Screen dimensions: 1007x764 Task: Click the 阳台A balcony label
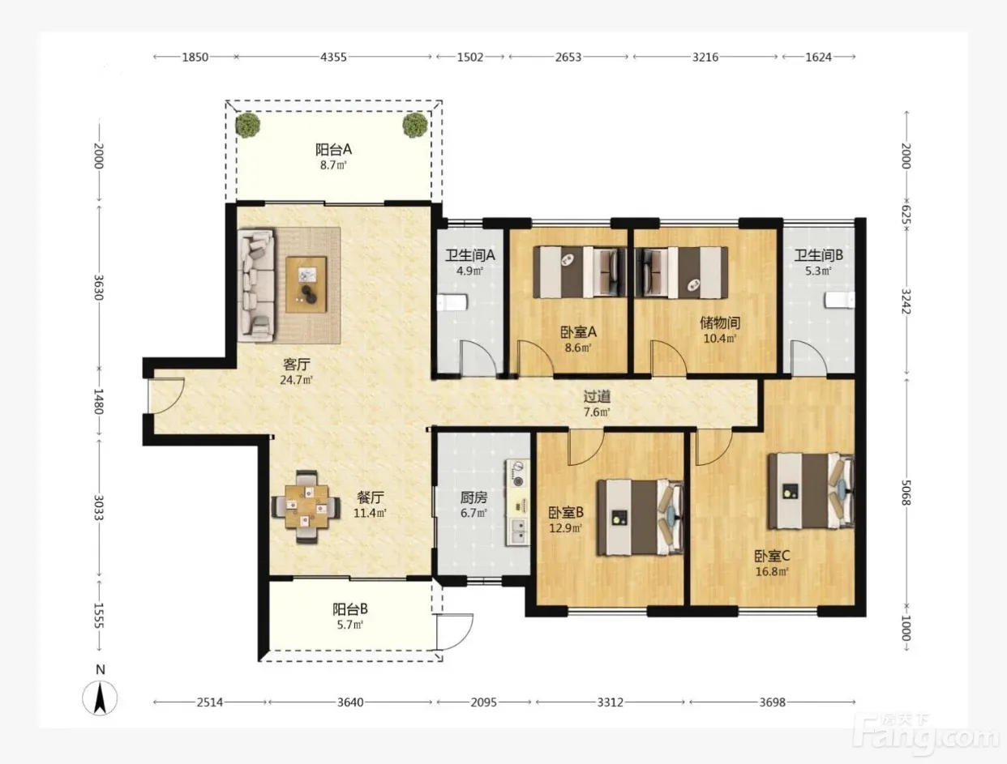point(333,149)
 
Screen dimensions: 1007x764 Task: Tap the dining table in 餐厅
point(306,507)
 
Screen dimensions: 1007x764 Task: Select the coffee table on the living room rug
point(306,284)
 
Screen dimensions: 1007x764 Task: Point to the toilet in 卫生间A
point(452,303)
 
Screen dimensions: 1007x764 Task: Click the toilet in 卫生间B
point(839,301)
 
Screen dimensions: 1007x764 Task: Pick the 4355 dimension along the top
point(333,58)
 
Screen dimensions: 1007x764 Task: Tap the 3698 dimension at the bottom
point(773,702)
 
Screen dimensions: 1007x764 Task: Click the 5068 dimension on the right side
point(906,493)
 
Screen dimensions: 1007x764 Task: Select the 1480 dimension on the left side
point(99,402)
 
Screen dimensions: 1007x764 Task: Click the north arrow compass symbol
point(100,697)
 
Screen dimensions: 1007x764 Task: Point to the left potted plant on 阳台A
point(248,124)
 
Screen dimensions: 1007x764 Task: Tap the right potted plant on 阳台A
point(415,125)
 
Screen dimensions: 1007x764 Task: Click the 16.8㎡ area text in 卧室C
point(772,571)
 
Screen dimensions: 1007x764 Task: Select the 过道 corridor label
point(597,396)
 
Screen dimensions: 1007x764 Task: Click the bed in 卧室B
point(640,518)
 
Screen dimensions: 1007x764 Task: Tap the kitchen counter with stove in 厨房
point(518,502)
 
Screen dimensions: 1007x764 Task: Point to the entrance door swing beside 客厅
point(166,396)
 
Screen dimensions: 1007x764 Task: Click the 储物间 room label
point(720,323)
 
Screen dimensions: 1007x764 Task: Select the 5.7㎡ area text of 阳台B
point(350,625)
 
